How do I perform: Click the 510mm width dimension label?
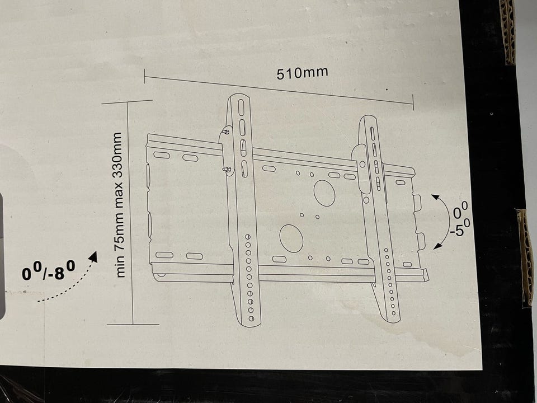pyautogui.click(x=302, y=73)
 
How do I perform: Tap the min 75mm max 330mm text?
pyautogui.click(x=117, y=205)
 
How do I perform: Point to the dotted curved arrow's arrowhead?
pyautogui.click(x=94, y=256)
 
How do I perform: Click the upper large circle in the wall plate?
pyautogui.click(x=324, y=193)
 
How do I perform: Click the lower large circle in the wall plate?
pyautogui.click(x=291, y=238)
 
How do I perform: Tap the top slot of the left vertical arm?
pyautogui.click(x=241, y=107)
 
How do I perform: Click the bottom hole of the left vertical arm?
pyautogui.click(x=251, y=318)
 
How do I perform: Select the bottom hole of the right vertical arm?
pyautogui.click(x=394, y=313)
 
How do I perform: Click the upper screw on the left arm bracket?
pyautogui.click(x=226, y=131)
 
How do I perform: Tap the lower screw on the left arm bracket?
pyautogui.click(x=227, y=169)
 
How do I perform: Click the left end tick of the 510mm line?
pyautogui.click(x=144, y=76)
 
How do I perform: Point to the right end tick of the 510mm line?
pyautogui.click(x=413, y=102)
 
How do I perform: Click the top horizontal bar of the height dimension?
pyautogui.click(x=127, y=102)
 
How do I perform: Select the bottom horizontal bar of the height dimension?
pyautogui.click(x=133, y=324)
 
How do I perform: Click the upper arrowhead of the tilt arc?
pyautogui.click(x=435, y=197)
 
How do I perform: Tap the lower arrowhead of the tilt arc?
pyautogui.click(x=437, y=245)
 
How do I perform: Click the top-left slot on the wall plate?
pyautogui.click(x=162, y=155)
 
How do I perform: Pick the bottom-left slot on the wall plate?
pyautogui.click(x=164, y=255)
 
